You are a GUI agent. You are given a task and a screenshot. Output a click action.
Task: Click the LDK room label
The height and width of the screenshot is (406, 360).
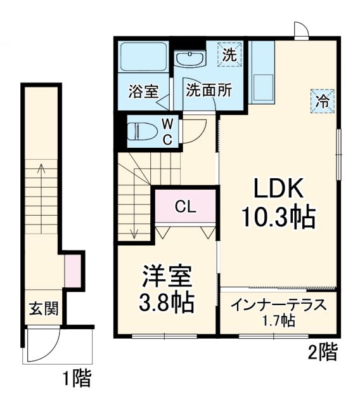coord(280,189)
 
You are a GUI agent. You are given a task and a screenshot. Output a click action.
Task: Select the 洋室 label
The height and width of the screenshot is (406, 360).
coord(166,277)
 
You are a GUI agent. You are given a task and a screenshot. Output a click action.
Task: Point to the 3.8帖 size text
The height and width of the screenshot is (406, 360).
coord(166,303)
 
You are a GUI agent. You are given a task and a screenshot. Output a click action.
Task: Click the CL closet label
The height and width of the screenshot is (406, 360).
coord(185,207)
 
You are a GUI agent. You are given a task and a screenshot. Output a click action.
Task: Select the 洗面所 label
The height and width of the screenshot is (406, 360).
coord(208,90)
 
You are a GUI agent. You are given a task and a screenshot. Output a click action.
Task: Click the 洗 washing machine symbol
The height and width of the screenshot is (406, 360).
coord(229,55)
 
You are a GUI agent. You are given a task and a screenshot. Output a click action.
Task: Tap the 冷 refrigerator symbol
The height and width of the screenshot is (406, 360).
coord(322,100)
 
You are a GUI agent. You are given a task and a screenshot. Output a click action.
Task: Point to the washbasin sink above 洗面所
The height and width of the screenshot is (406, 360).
coord(190,60)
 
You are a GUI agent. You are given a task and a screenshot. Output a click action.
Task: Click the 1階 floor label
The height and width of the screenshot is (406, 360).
coord(77,379)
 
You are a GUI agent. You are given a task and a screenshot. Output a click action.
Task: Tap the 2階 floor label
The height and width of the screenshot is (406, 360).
coord(323,351)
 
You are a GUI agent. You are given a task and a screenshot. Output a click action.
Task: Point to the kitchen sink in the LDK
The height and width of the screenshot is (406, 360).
coord(262,83)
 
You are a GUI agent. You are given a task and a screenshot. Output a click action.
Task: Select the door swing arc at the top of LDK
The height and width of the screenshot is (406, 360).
coord(300,30)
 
